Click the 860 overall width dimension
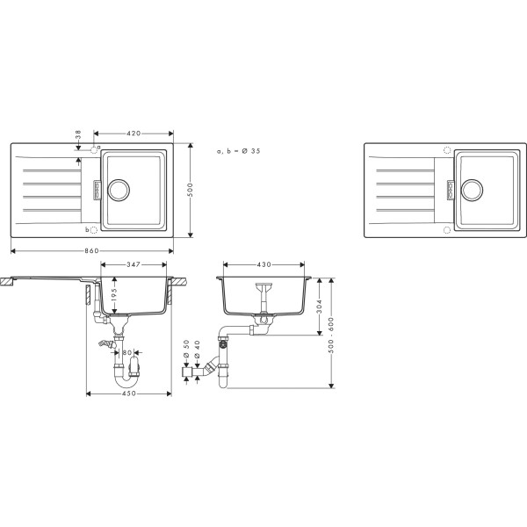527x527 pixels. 91,250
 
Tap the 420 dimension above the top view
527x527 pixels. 134,134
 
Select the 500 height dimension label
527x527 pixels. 191,190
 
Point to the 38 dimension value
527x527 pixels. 78,134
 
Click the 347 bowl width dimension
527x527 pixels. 134,264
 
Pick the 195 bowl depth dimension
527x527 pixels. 114,295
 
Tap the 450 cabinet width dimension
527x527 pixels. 129,393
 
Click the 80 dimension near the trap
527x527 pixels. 126,352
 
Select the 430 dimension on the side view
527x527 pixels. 263,264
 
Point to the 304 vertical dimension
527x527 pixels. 320,307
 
